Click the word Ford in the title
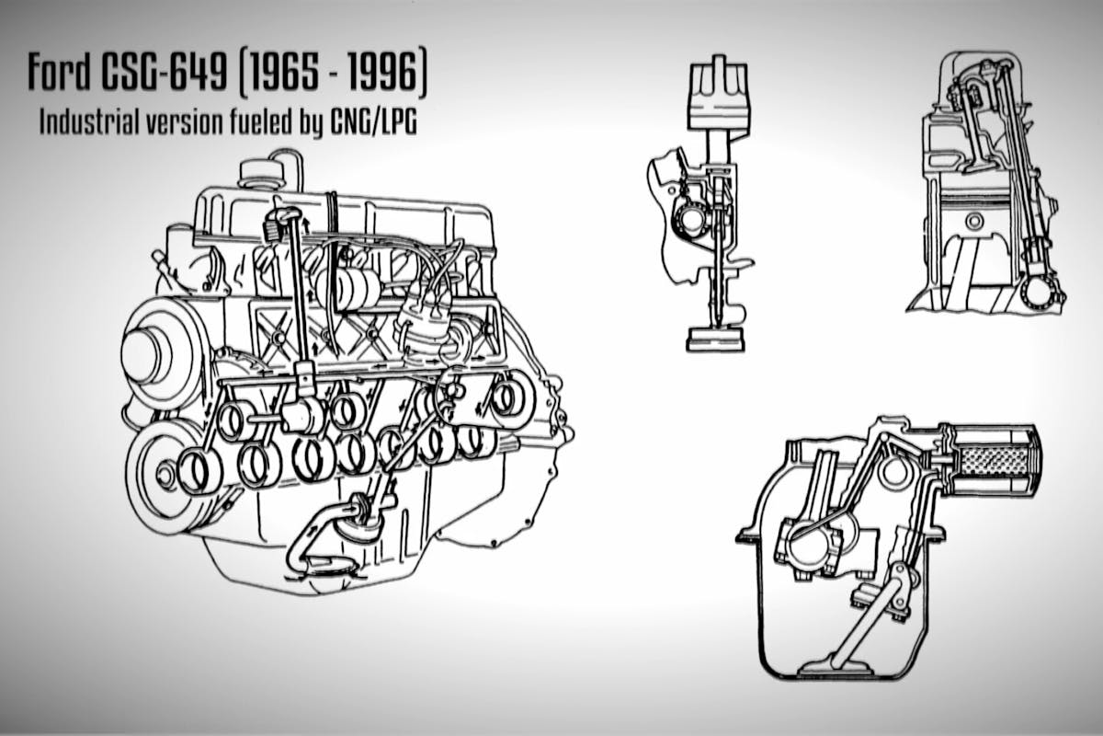click(59, 73)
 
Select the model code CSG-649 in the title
click(165, 73)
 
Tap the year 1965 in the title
click(280, 73)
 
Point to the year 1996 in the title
click(383, 73)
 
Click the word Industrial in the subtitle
click(87, 121)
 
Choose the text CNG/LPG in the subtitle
click(374, 121)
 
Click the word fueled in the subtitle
click(260, 121)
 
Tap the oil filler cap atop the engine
click(261, 174)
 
